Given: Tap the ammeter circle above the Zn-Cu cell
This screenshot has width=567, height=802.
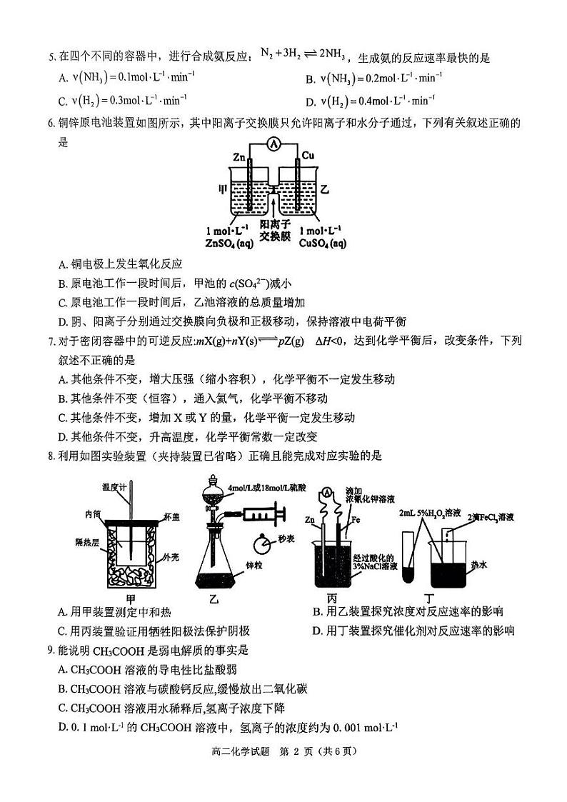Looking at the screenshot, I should [272, 144].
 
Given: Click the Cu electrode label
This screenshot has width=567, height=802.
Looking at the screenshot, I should [308, 156].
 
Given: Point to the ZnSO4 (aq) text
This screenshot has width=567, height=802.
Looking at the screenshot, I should [227, 244].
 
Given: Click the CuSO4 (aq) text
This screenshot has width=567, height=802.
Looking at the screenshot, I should [323, 244].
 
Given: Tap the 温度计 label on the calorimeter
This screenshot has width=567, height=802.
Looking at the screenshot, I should [114, 486].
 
